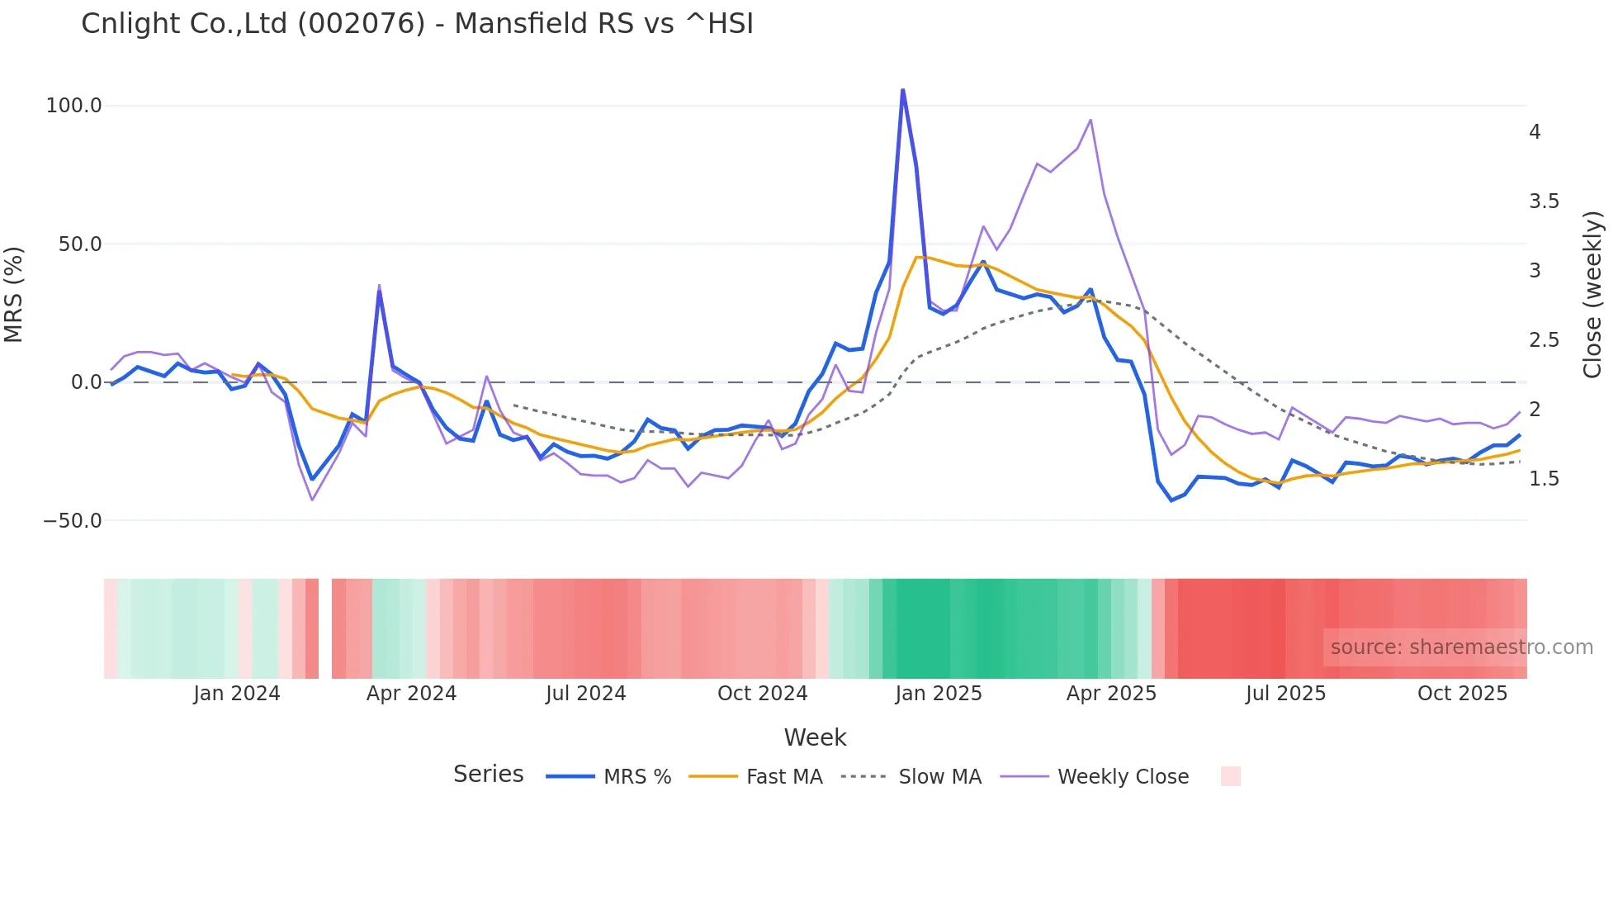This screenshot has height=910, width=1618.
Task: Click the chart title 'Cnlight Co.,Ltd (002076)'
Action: tap(253, 23)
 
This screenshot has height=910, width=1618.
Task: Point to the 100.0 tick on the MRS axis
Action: tap(74, 106)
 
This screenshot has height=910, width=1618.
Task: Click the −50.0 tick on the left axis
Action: tap(73, 520)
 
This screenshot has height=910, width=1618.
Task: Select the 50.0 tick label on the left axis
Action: tap(80, 244)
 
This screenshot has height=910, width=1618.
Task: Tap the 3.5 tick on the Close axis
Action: tap(1544, 201)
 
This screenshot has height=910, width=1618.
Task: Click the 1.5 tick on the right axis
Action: tap(1544, 479)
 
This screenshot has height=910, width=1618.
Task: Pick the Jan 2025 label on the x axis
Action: tap(939, 694)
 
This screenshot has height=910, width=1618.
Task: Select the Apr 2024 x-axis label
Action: tap(411, 694)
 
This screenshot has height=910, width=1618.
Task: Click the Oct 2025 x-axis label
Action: tap(1462, 694)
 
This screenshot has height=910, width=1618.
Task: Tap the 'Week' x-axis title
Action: tap(815, 737)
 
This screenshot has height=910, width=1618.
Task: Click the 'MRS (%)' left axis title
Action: tap(14, 294)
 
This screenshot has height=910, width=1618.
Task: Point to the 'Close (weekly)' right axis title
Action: tap(1592, 294)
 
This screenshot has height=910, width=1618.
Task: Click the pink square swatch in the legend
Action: tap(1230, 776)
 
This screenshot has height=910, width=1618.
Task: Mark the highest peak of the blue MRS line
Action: tap(902, 89)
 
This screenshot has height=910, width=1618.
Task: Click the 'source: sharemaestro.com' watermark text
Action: tap(1461, 647)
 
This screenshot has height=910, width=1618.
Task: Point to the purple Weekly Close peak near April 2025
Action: tap(1090, 120)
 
